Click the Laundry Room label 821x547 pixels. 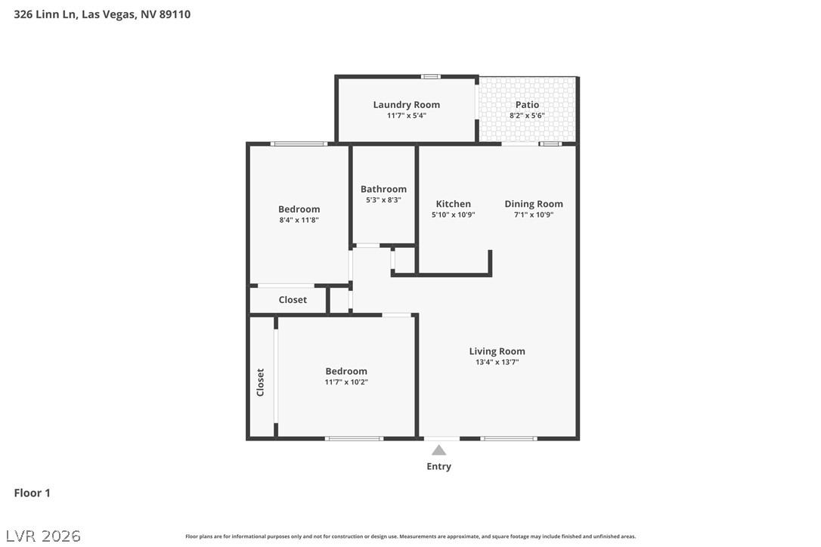406,105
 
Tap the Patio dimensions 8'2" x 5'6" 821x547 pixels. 527,115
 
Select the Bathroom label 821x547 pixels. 383,189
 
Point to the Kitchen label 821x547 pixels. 454,204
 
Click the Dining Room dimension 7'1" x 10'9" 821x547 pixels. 534,215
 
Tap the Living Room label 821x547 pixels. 497,351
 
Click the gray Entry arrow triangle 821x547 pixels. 438,450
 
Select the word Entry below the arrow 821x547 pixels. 438,466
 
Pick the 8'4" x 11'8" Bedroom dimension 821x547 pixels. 299,220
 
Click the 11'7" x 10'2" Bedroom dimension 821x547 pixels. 346,382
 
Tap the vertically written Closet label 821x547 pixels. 260,382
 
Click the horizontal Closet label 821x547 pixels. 293,299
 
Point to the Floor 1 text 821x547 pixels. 32,493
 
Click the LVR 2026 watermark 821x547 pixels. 43,536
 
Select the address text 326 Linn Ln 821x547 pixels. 45,14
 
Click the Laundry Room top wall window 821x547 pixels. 431,77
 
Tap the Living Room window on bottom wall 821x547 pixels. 509,438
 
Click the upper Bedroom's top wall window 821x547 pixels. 299,144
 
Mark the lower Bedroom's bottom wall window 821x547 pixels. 354,438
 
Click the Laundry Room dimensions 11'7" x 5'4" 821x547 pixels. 406,115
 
